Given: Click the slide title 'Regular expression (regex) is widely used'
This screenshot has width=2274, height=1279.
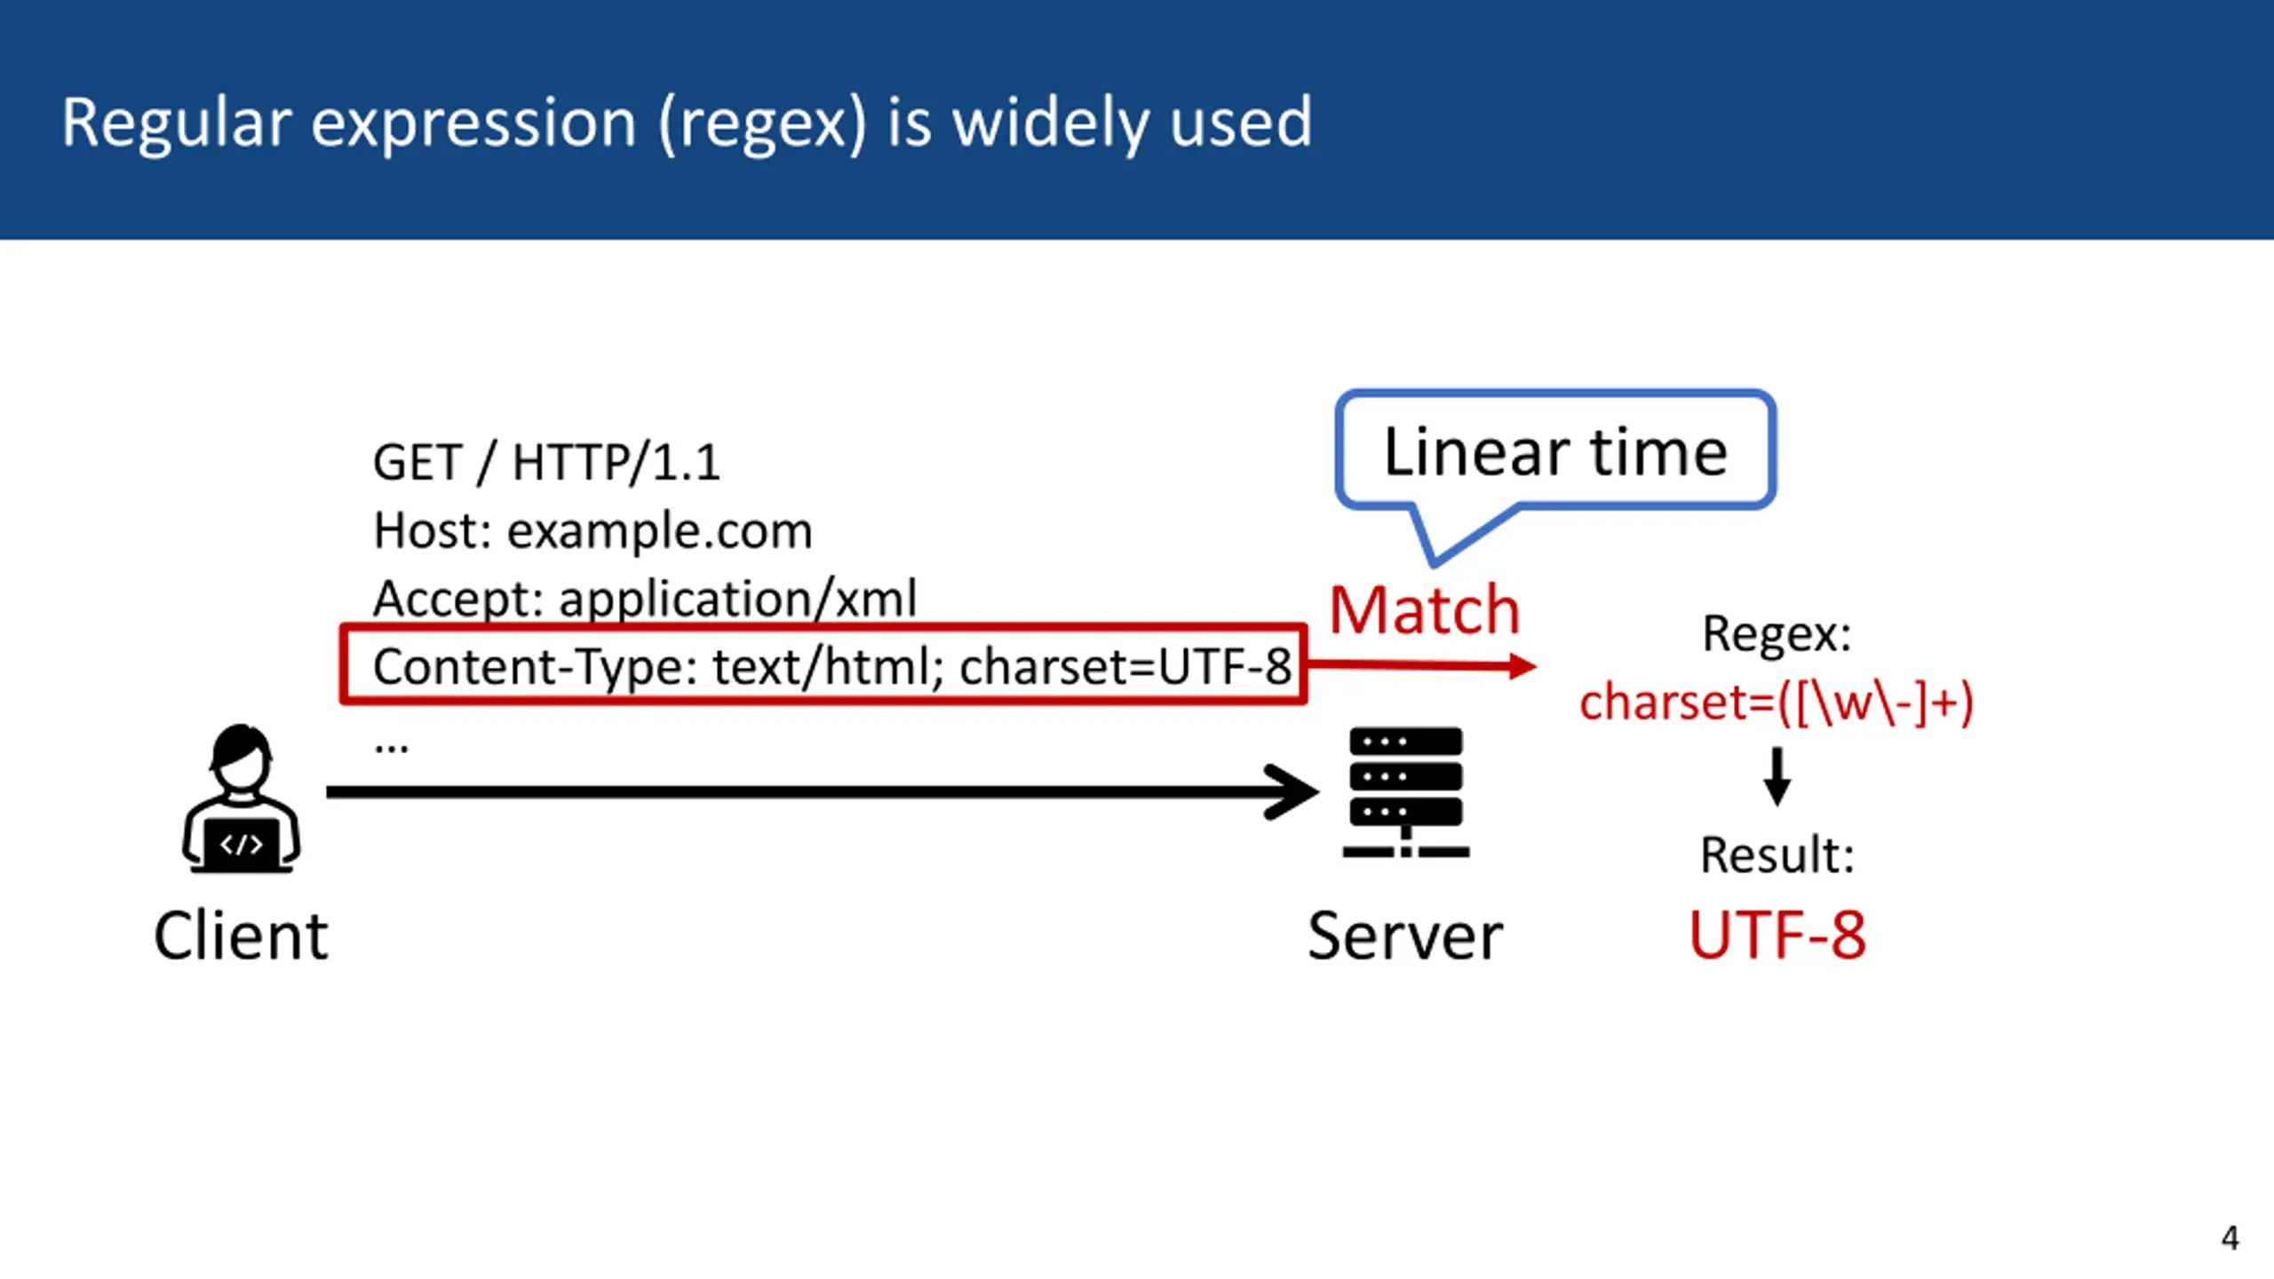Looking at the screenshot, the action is tap(686, 123).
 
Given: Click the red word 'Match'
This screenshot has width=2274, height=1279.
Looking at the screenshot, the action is tap(1425, 610).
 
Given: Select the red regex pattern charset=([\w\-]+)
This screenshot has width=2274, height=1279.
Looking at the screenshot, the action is tap(1777, 702).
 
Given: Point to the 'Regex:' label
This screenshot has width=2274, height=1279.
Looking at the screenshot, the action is tap(1777, 633).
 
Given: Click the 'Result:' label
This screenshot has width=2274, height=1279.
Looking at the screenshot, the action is tap(1777, 854).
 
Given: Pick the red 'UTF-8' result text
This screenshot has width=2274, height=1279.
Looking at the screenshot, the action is tap(1777, 935).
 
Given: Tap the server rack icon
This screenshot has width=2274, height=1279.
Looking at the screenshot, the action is tap(1406, 792).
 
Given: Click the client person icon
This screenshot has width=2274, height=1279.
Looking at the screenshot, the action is tap(241, 798).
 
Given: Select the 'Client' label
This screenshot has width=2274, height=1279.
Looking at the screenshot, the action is tap(241, 935).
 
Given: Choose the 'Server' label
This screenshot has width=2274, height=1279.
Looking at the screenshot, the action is tap(1405, 935).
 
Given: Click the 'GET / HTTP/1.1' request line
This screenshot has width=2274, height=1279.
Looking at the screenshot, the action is tap(546, 462).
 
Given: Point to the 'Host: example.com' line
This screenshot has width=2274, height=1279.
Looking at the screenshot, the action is tap(592, 530).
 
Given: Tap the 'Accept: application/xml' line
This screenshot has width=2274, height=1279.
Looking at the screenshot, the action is tap(645, 598).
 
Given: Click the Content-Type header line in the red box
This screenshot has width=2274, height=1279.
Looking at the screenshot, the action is tap(831, 666).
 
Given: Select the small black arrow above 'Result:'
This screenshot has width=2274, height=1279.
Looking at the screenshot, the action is tap(1777, 776).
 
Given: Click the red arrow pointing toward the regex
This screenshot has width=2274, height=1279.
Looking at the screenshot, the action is tap(1421, 665).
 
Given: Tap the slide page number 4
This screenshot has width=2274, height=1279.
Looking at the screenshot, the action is tap(2230, 1237).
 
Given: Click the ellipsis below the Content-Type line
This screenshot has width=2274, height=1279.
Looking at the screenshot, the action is tap(391, 748).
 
